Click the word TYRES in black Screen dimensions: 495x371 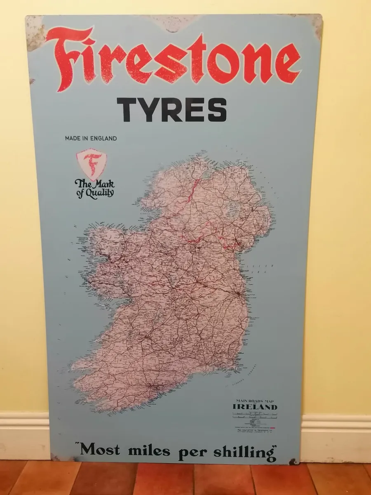coord(171,110)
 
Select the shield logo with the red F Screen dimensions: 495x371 coord(91,164)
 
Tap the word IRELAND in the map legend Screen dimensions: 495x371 coord(255,407)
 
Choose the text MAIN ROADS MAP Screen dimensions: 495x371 coord(255,401)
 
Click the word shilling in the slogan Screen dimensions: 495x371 coord(244,452)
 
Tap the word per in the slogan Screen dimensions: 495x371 coord(193,452)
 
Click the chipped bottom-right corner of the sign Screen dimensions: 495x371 coord(294,461)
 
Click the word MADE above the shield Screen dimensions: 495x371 coord(72,139)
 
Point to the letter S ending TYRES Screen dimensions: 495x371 coord(217,110)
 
